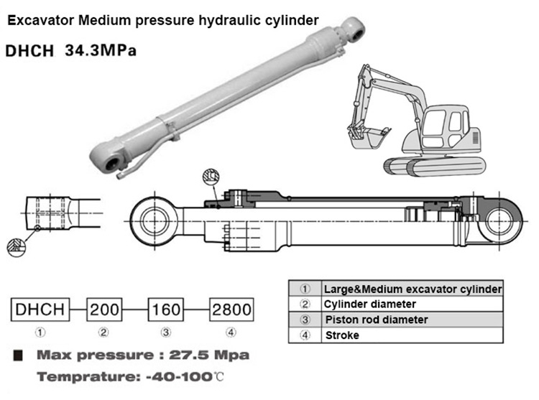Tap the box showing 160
pos(169,310)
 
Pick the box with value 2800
pos(231,310)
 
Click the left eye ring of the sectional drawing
pos(153,220)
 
